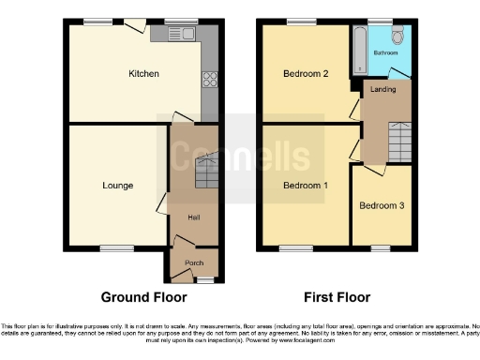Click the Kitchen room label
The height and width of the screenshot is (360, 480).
coord(143,73)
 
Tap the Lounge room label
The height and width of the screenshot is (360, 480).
coord(117,186)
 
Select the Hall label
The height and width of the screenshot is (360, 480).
coord(194,217)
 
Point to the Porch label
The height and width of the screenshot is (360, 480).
coord(194,262)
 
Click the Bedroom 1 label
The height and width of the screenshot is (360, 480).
coord(306,186)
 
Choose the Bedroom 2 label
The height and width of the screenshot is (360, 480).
coord(305,73)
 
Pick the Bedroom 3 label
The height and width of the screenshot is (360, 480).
coord(381,204)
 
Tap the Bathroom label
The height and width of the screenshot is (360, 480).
coord(385,52)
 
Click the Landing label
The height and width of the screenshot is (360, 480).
coord(383,89)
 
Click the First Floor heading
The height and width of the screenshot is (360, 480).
coord(337,297)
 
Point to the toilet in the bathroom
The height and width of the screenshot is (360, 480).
coord(397,36)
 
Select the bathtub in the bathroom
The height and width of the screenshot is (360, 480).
coord(357,50)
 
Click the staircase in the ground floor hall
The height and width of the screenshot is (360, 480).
coord(205,172)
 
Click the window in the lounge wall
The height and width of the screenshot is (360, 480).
coord(117,248)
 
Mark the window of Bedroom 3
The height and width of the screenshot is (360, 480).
coord(380,248)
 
